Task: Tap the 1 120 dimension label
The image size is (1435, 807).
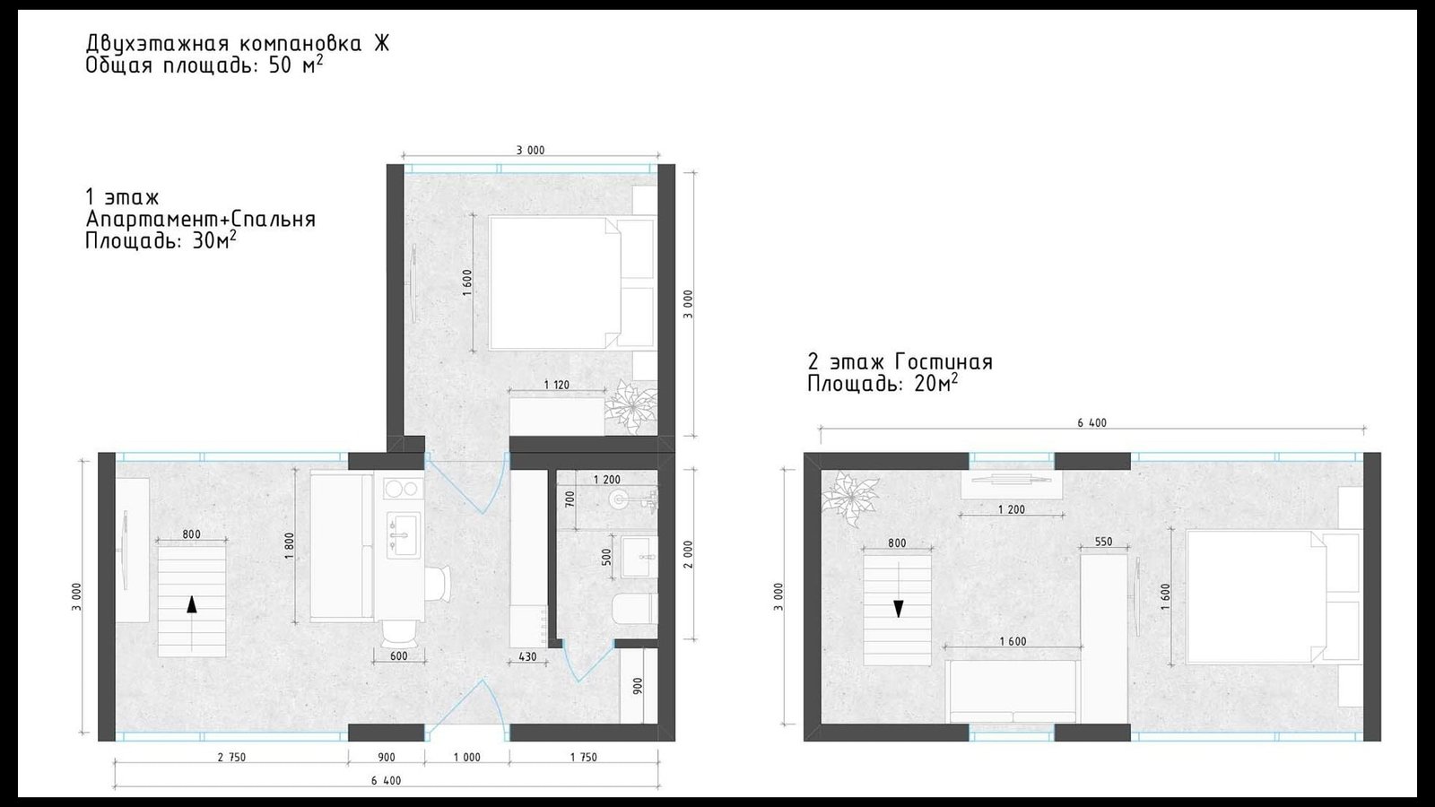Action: point(556,385)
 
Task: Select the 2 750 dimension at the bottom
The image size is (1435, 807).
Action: point(231,757)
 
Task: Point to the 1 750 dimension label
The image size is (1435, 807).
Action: point(583,757)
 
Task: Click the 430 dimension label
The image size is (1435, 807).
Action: point(527,657)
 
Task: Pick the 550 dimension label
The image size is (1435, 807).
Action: point(1103,542)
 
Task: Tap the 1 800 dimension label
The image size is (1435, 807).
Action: point(289,546)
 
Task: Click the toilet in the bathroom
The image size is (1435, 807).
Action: point(635,609)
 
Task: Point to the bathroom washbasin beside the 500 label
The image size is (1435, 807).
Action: point(639,557)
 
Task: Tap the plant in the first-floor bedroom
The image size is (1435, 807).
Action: point(632,407)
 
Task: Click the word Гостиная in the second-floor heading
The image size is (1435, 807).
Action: point(944,362)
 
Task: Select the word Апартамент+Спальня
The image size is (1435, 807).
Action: point(201,219)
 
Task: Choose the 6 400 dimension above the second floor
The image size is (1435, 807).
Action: point(1091,422)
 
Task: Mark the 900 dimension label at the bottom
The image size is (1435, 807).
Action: point(387,757)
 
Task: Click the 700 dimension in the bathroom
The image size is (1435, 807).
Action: point(570,499)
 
